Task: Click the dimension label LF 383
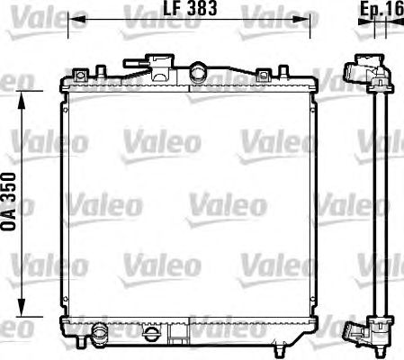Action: (x=190, y=8)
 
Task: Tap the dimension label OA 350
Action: (x=8, y=202)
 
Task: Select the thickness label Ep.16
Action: (x=382, y=9)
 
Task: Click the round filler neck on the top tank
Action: (x=198, y=70)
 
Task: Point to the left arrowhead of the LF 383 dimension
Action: (x=76, y=20)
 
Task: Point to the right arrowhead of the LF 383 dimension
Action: (x=301, y=20)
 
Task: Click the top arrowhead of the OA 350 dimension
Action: (x=22, y=100)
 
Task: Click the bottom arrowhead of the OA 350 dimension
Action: (x=22, y=308)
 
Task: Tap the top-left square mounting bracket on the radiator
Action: (x=80, y=75)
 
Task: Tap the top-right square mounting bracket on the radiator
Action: (x=263, y=75)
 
